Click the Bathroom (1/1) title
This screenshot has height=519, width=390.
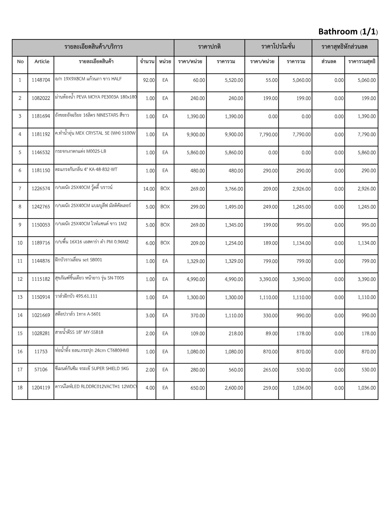[x=348, y=32]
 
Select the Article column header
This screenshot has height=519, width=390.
[x=42, y=62]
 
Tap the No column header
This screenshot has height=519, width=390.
[x=20, y=62]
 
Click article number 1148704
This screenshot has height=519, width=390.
[x=41, y=80]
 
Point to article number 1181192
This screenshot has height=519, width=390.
[x=41, y=135]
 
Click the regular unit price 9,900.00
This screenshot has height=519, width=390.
[x=196, y=135]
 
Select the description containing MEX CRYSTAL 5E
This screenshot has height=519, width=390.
[x=95, y=133]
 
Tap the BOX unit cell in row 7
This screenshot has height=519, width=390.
[x=165, y=189]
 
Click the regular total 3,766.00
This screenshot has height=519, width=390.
[x=234, y=189]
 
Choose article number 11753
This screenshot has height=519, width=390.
[x=41, y=352]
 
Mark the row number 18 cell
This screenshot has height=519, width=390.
[x=20, y=388]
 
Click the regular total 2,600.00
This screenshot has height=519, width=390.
[x=234, y=388]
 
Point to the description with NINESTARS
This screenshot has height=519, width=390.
[x=92, y=115]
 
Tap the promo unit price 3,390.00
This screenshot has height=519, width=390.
[x=268, y=279]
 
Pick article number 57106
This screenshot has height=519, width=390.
[x=41, y=370]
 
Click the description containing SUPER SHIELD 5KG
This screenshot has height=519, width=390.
[x=92, y=369]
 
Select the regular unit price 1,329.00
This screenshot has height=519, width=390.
[x=196, y=261]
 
